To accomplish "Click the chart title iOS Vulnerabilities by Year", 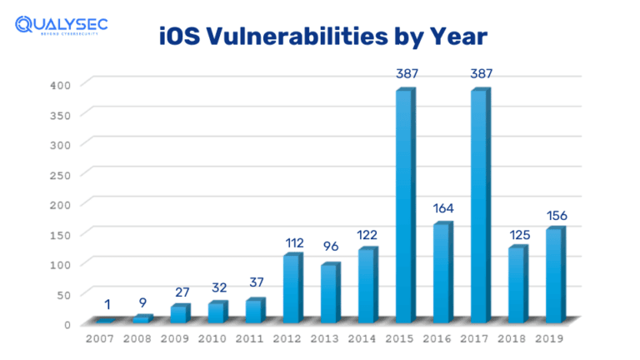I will click(322, 37).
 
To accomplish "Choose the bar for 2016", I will click(442, 272).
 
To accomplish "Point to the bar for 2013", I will click(329, 293).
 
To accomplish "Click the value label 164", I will click(442, 208).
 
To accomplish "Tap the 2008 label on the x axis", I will click(138, 339).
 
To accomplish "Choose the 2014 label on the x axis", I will click(363, 339).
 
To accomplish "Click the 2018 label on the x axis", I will click(513, 339).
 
